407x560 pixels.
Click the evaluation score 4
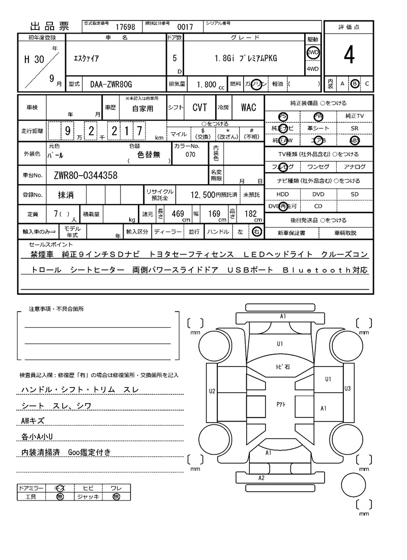click(348, 55)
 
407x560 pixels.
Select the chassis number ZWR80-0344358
click(85, 176)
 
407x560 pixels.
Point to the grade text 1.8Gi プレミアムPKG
click(246, 59)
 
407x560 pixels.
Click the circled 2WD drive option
click(312, 52)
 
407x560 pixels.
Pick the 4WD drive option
click(312, 69)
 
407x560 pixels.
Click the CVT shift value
click(199, 107)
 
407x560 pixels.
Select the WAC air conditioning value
click(248, 107)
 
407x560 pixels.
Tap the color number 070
click(190, 154)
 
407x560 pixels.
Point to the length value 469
click(178, 214)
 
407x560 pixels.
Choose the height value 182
click(251, 214)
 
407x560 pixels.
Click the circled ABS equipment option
click(354, 141)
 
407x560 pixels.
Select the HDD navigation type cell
click(282, 194)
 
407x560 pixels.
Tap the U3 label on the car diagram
click(347, 388)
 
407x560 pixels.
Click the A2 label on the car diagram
click(261, 478)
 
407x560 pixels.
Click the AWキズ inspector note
click(33, 421)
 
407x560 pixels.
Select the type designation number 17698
click(125, 27)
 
